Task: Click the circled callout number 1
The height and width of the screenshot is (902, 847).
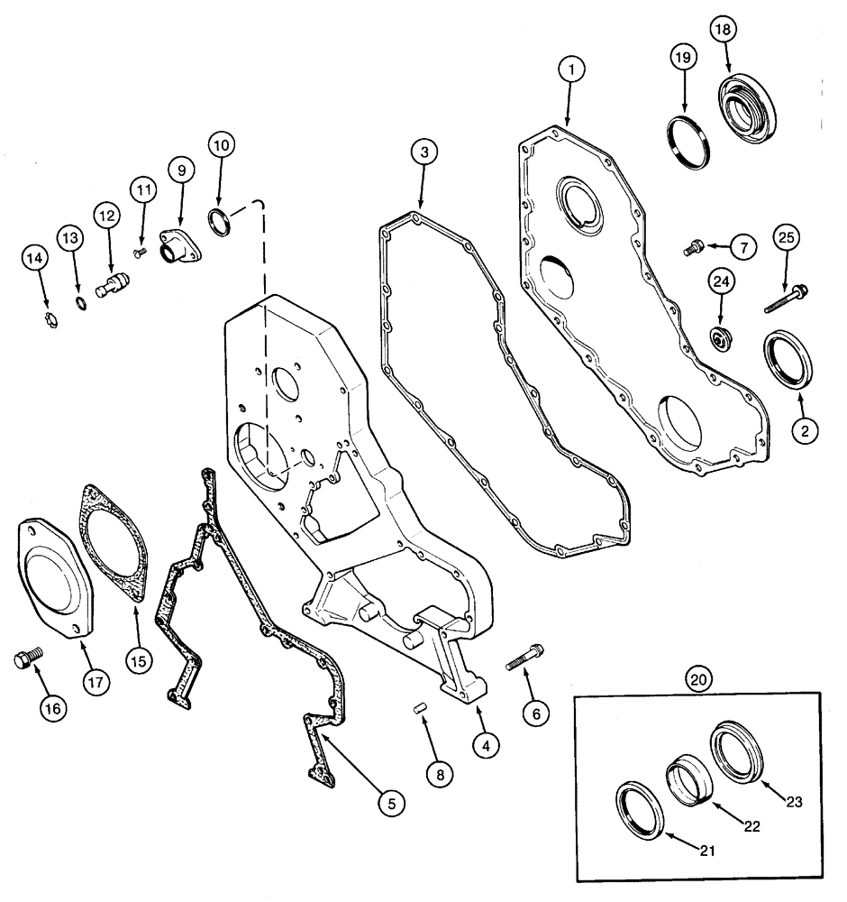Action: click(569, 69)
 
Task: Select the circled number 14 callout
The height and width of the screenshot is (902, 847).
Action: click(34, 260)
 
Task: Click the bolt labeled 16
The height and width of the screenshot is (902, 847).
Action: click(24, 660)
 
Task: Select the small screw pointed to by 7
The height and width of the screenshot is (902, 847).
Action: click(694, 245)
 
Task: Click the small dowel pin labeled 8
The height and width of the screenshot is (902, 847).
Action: click(418, 708)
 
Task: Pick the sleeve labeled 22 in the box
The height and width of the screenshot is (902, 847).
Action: click(685, 778)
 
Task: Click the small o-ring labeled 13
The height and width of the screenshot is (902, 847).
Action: click(79, 301)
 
